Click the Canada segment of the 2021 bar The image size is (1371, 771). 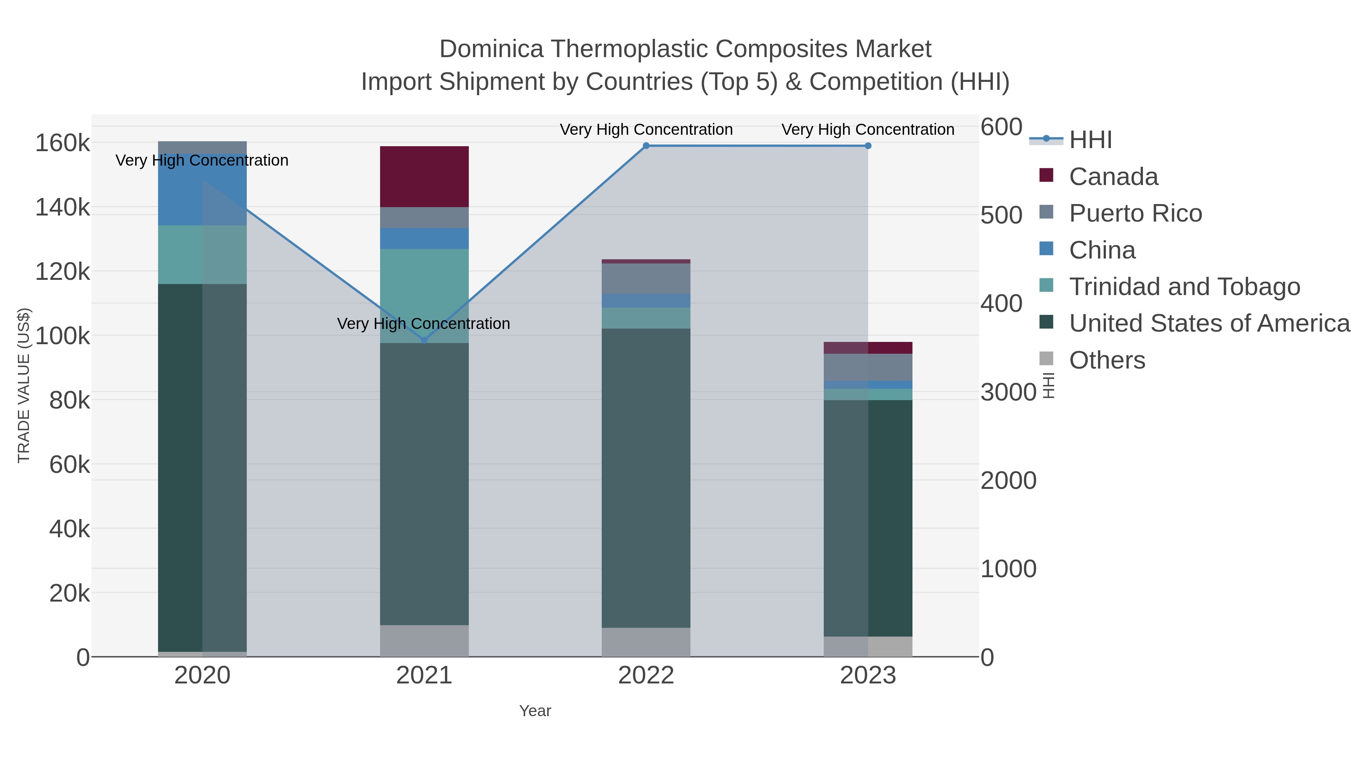(x=424, y=177)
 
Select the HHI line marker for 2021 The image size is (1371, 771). (x=424, y=340)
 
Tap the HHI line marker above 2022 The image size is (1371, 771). (x=646, y=146)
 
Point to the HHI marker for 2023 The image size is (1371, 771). (x=868, y=146)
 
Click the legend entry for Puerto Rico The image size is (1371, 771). (x=1135, y=213)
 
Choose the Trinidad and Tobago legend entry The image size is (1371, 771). (x=1184, y=287)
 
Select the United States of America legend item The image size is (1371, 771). (x=1209, y=324)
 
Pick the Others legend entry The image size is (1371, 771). (x=1107, y=360)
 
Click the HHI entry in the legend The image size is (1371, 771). (x=1091, y=140)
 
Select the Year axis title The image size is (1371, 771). (x=535, y=711)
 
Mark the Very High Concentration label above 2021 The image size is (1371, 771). (x=423, y=324)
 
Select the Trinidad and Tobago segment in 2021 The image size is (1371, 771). (x=424, y=296)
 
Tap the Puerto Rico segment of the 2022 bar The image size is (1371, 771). (x=646, y=278)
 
